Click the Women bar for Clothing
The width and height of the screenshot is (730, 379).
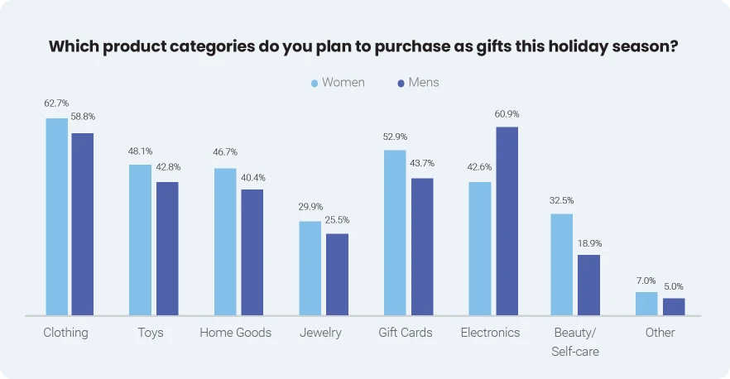click(56, 217)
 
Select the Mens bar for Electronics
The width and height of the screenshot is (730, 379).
click(507, 221)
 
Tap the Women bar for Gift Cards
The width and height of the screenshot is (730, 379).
click(395, 233)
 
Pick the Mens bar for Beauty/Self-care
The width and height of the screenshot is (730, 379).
click(588, 285)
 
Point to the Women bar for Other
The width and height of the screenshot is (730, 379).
click(646, 304)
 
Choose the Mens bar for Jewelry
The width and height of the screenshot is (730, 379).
click(337, 274)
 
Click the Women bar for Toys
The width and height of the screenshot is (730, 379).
click(140, 240)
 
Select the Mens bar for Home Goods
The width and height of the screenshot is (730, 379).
click(252, 252)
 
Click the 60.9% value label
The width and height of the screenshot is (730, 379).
click(507, 114)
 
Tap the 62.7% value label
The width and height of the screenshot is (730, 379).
click(56, 104)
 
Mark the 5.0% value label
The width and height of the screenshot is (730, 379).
click(674, 285)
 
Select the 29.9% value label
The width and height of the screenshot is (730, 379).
click(310, 207)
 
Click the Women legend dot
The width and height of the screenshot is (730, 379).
click(315, 83)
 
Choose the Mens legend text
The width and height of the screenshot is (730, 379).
click(424, 83)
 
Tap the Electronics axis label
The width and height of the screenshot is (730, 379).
click(490, 333)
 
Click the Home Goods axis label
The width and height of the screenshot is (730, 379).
click(235, 333)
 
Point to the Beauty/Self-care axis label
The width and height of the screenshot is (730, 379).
click(575, 342)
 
